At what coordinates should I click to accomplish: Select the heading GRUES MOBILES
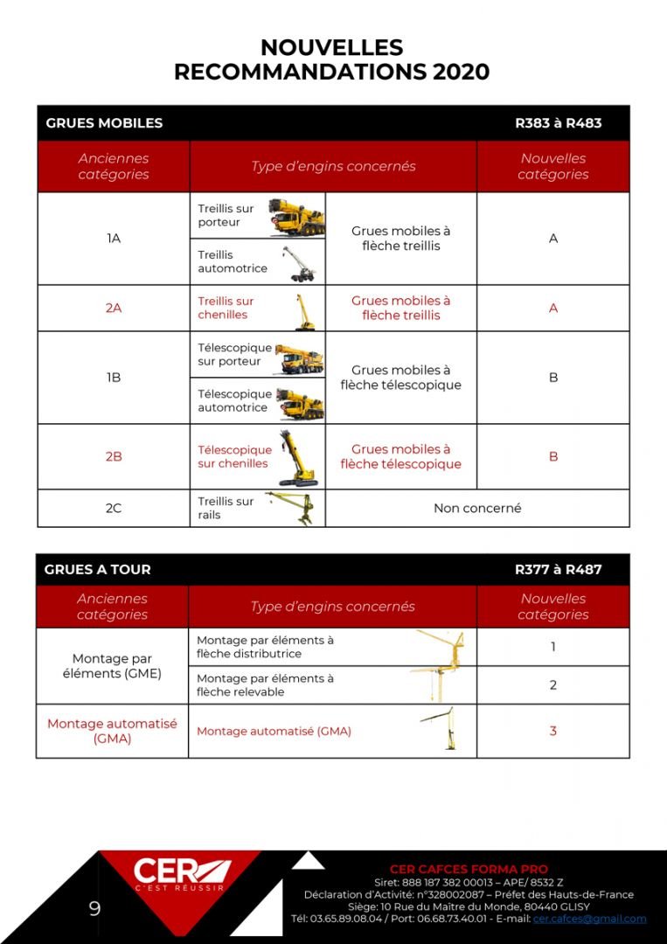(x=104, y=123)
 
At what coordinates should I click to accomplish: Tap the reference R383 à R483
(x=558, y=123)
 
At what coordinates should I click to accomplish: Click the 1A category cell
(x=114, y=239)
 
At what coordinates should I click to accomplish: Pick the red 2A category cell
(x=114, y=308)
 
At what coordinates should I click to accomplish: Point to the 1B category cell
(x=114, y=378)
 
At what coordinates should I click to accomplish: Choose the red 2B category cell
(x=114, y=456)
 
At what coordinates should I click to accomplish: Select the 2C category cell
(x=114, y=508)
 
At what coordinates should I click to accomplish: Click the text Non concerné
(x=477, y=508)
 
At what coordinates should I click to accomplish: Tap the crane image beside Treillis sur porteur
(x=297, y=216)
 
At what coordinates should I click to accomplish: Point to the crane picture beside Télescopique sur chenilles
(x=297, y=458)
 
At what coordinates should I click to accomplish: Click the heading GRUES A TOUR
(x=98, y=569)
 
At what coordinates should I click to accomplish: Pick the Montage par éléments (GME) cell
(x=112, y=666)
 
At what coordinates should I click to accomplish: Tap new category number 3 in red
(x=552, y=731)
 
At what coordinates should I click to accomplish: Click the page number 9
(x=94, y=909)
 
